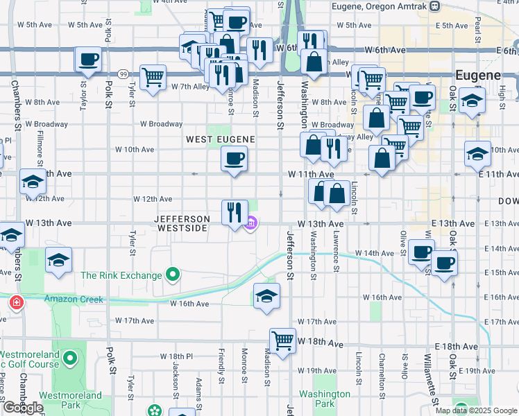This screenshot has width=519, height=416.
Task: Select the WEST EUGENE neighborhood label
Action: [221, 139]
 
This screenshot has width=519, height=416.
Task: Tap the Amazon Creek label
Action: [74, 300]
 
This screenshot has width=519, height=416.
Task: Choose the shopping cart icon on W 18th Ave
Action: [282, 340]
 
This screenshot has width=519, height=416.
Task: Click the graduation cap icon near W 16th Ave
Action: [266, 296]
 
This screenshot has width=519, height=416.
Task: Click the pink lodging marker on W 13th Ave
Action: [252, 223]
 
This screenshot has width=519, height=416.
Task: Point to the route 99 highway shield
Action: [122, 73]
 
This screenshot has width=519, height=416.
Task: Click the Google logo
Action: [23, 408]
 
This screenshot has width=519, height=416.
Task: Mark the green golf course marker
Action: [69, 358]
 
